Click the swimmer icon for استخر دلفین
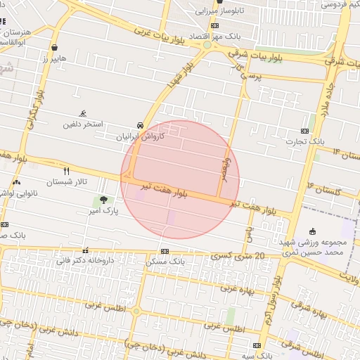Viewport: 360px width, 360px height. click(84, 113)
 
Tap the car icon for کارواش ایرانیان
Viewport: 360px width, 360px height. click(141, 125)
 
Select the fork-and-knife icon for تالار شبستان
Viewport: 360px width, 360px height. click(67, 171)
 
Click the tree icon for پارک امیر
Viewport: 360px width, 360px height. click(104, 200)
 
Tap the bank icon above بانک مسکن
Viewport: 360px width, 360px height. click(165, 251)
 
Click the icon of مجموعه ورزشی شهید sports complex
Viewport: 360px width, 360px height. click(313, 231)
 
